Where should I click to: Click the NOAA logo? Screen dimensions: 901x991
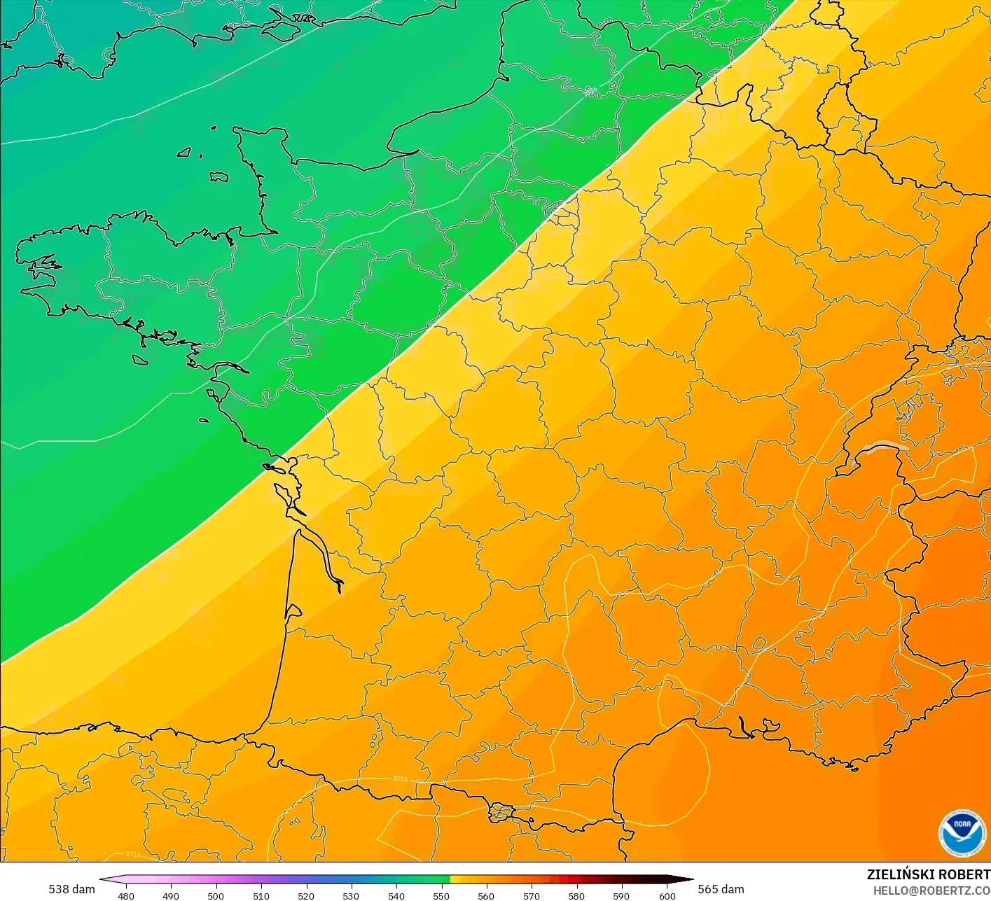coord(962,833)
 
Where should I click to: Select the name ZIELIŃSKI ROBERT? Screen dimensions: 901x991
coord(928,874)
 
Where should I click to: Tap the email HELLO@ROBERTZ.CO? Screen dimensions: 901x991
coord(931,890)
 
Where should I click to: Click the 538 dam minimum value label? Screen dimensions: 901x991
coord(71,889)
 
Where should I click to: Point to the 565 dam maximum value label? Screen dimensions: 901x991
coord(721,889)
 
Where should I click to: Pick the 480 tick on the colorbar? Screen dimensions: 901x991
coord(126,896)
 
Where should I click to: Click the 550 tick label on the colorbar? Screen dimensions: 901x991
coord(441,896)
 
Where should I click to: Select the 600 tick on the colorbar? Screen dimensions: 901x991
coord(667,896)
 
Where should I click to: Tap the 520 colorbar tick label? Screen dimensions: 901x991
coord(306,896)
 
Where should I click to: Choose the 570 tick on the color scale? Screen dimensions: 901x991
coord(532,896)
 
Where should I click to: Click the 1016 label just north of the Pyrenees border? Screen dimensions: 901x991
coord(399,778)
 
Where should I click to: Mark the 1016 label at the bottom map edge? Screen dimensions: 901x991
coord(132,854)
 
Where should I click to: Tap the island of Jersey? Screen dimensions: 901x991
coord(219,177)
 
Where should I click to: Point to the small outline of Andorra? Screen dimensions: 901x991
coord(502,813)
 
